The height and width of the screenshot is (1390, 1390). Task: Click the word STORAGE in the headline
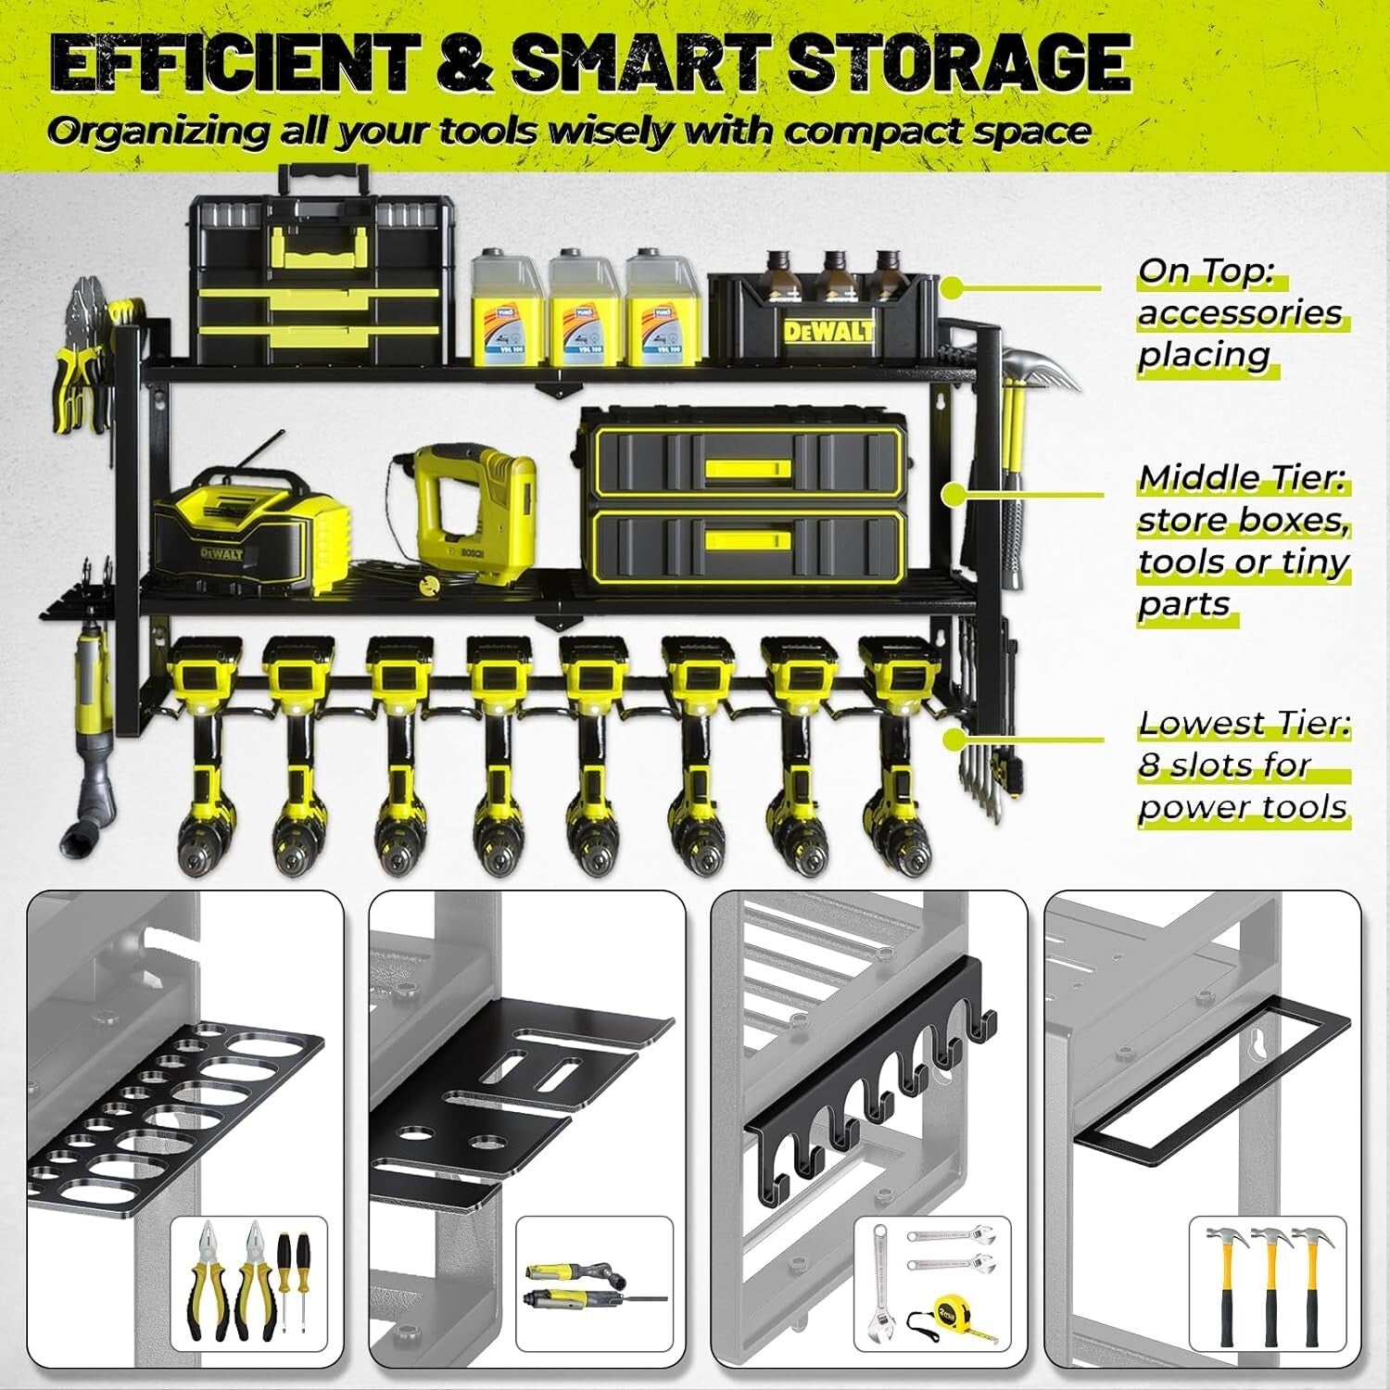pos(958,63)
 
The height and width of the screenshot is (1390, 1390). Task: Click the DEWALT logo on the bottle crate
pos(828,331)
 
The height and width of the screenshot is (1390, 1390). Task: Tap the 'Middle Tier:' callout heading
pos(1242,478)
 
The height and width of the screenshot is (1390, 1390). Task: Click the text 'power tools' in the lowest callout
pos(1242,807)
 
